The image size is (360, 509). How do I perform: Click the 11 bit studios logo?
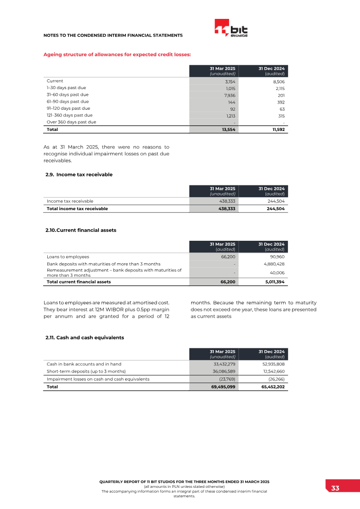click(231, 29)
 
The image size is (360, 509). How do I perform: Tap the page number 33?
click(335, 489)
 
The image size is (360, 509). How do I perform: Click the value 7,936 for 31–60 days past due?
click(229, 95)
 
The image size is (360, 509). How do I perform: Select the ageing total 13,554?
click(227, 130)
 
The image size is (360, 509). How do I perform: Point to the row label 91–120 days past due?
click(68, 108)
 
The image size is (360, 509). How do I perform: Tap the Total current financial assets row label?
click(79, 282)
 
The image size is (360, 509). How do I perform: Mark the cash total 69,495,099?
click(223, 387)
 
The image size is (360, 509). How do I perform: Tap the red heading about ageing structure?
click(117, 54)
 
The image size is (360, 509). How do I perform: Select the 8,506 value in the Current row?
click(279, 82)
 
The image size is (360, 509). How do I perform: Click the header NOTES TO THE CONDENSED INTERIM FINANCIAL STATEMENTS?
click(112, 35)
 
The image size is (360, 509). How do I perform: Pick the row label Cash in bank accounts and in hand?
click(84, 364)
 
